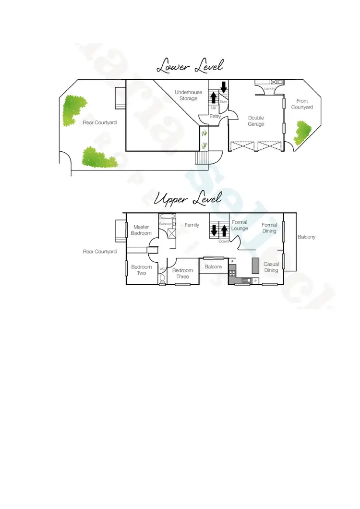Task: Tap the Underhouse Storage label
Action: pos(188,95)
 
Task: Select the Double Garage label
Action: pos(256,121)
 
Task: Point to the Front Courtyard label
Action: pos(302,104)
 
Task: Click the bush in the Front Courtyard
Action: pos(303,132)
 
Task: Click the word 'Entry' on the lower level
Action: pos(215,116)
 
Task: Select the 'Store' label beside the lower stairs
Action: pos(223,102)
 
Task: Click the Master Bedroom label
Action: pos(141,230)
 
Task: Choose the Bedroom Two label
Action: pos(142,270)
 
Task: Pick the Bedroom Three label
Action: pos(182,274)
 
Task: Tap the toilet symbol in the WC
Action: pos(162,279)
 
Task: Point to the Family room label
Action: pos(192,225)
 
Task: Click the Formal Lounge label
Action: pos(240,225)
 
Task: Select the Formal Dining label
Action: pos(269,228)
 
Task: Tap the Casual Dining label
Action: pos(271,267)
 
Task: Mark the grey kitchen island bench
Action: pos(255,265)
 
